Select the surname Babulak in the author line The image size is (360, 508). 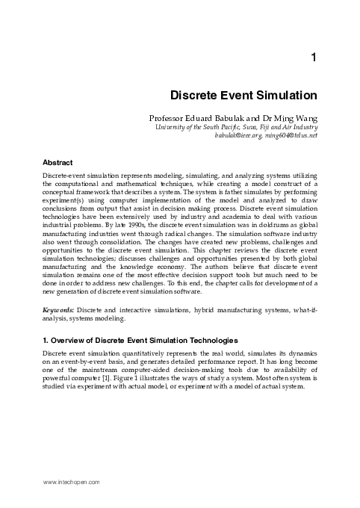coord(232,118)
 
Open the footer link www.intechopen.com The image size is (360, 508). coord(72,483)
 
